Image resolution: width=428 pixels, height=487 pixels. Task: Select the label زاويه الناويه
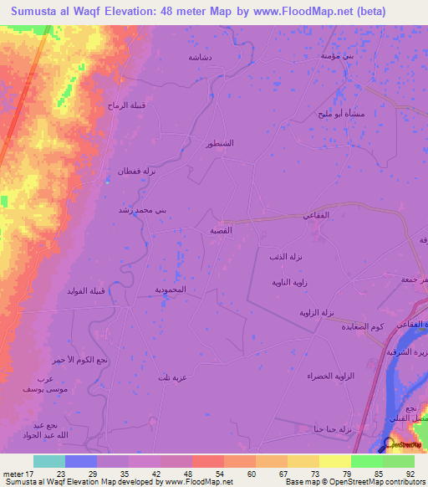click(291, 282)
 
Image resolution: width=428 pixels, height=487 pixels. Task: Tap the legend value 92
click(409, 473)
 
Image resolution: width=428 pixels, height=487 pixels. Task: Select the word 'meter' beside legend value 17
click(13, 473)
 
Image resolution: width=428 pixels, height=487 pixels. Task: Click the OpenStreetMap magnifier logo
click(388, 444)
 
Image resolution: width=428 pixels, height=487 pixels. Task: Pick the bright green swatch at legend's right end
click(399, 461)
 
